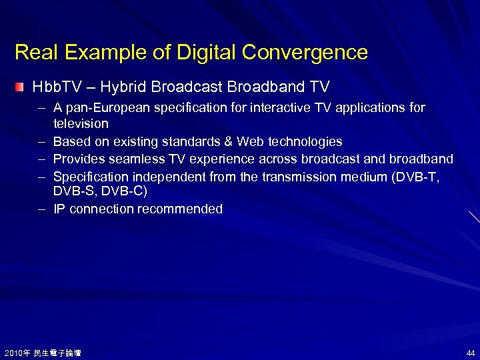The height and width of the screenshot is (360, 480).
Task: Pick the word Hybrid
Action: pyautogui.click(x=126, y=87)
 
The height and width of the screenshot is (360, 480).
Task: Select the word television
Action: pyautogui.click(x=81, y=124)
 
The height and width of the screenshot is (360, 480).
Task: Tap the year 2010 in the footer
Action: pyautogui.click(x=13, y=353)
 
